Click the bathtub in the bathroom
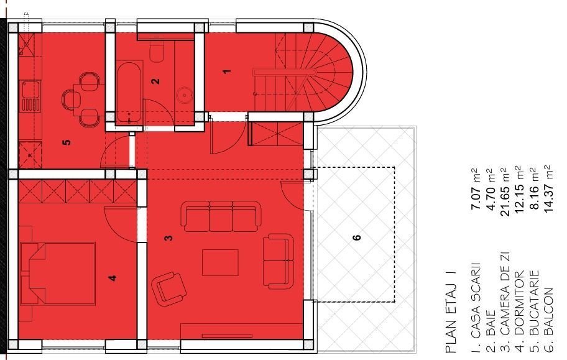point(129,89)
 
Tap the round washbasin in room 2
point(184,95)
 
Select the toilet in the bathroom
point(157,52)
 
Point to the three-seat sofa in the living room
point(219,216)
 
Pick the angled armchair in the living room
point(168,288)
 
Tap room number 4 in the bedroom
point(112,278)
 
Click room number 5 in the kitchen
point(67,142)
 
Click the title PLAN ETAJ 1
point(451,317)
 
